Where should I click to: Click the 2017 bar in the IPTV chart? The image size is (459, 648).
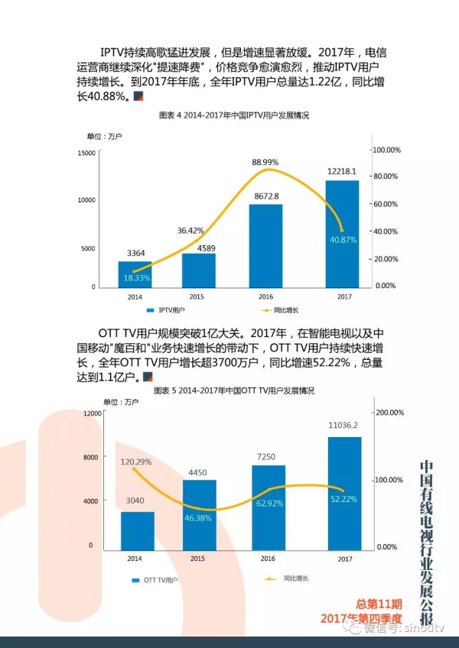click(342, 233)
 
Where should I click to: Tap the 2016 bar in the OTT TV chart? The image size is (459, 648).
click(268, 508)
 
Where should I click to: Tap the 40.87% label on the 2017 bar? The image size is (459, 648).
click(343, 240)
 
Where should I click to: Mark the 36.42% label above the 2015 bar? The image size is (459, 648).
click(191, 231)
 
